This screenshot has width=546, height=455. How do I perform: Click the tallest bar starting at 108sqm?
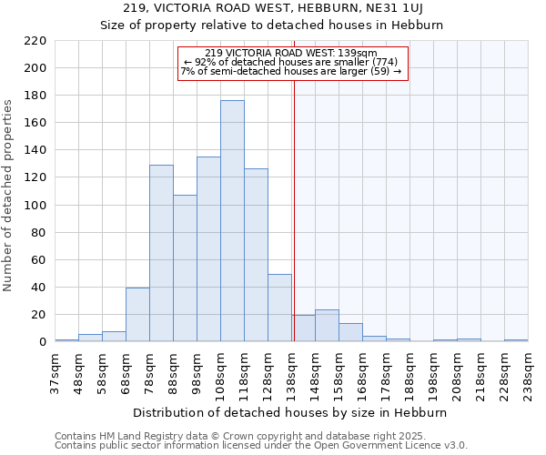(x=232, y=221)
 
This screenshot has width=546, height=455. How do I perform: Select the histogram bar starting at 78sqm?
(x=161, y=253)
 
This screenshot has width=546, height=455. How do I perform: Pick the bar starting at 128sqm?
(x=279, y=308)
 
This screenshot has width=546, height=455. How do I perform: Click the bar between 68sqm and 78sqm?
(x=137, y=315)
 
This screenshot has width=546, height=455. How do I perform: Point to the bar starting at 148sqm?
(x=327, y=326)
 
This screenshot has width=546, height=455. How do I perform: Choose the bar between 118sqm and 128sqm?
(x=256, y=255)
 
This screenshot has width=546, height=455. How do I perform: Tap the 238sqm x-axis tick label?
(x=529, y=375)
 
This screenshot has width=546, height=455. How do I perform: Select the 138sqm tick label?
(x=292, y=375)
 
